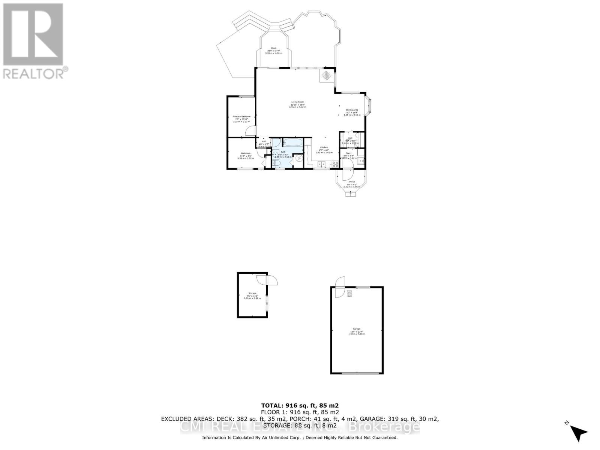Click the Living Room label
(297, 102)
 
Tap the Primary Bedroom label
(241, 117)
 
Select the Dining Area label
(352, 110)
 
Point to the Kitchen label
(324, 147)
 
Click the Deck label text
(274, 48)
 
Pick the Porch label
(352, 182)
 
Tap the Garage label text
(356, 329)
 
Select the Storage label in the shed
(252, 293)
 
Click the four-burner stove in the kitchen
(335, 164)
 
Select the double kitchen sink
(322, 164)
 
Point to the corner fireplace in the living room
(326, 76)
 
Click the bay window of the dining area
(368, 106)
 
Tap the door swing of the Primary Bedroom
(249, 131)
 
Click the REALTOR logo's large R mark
(33, 34)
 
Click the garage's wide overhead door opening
(357, 373)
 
